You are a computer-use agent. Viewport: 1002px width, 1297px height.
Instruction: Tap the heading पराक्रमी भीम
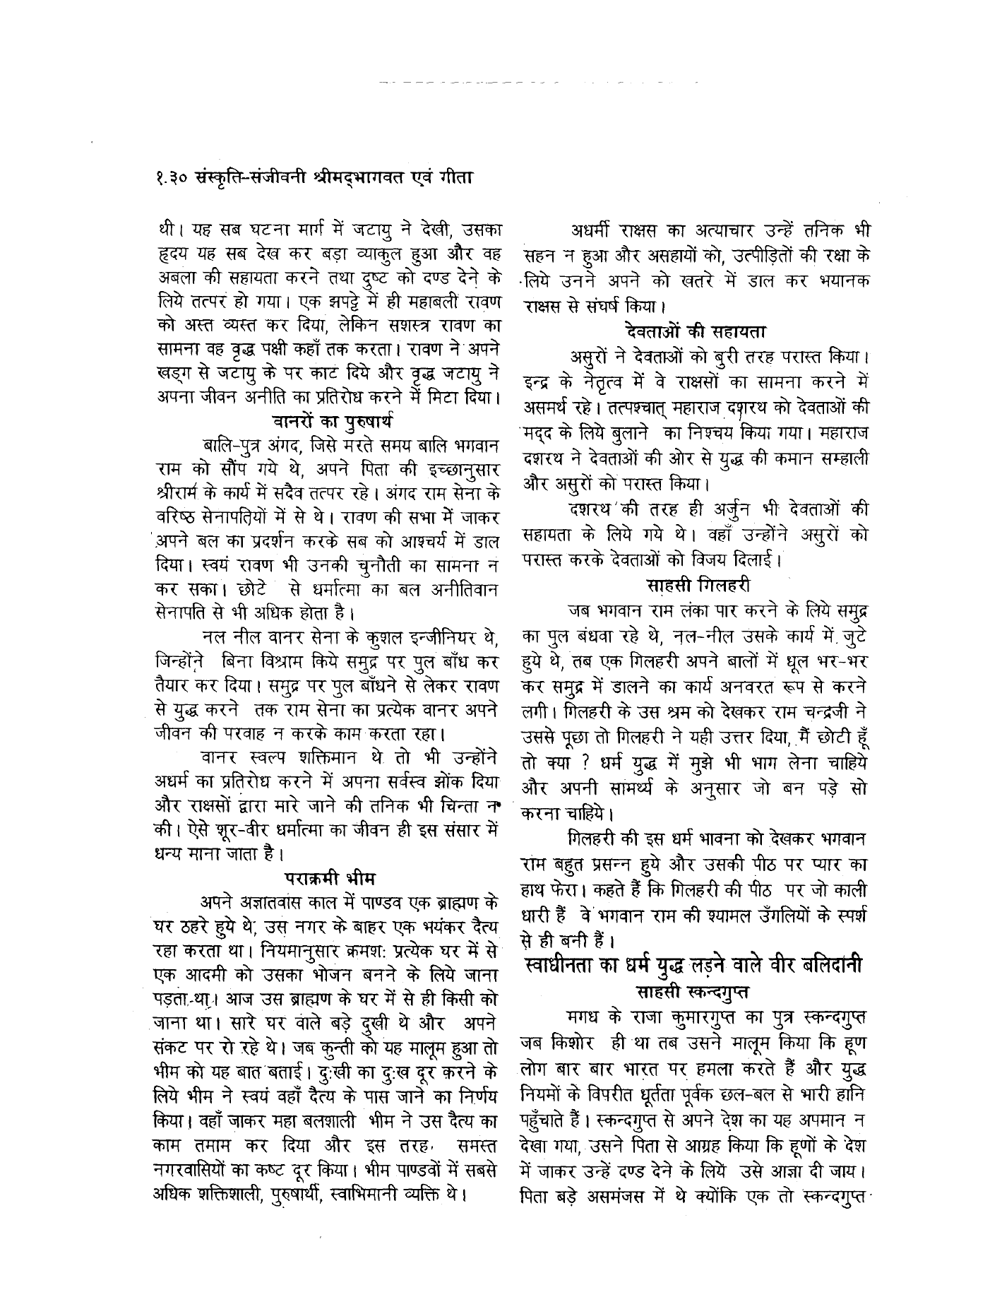coord(329,880)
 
